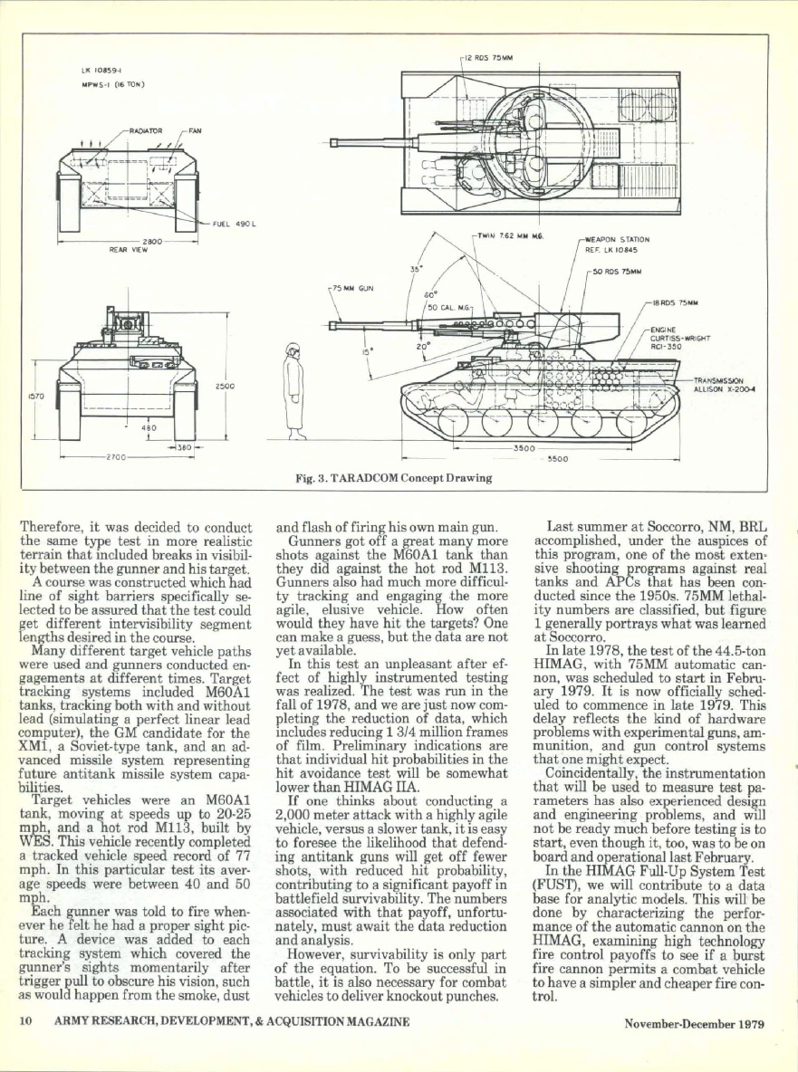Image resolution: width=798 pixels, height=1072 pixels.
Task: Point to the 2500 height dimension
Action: [224, 387]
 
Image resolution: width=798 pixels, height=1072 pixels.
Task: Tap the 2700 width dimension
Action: [116, 457]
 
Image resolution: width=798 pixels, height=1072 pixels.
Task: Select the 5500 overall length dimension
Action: [558, 458]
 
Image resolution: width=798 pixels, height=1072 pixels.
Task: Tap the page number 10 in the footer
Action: [27, 1023]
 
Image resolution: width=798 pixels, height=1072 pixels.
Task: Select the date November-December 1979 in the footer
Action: [695, 1024]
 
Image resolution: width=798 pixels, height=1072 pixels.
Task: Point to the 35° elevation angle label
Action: [416, 269]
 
